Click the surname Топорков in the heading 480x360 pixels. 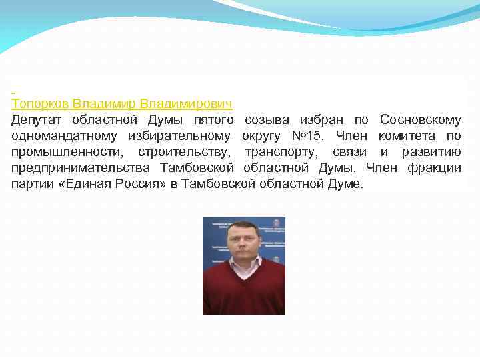[x=40, y=104]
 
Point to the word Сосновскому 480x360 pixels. [x=420, y=120]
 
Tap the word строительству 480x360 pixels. [x=179, y=152]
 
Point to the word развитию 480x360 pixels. [x=431, y=152]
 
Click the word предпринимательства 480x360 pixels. [x=79, y=168]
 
